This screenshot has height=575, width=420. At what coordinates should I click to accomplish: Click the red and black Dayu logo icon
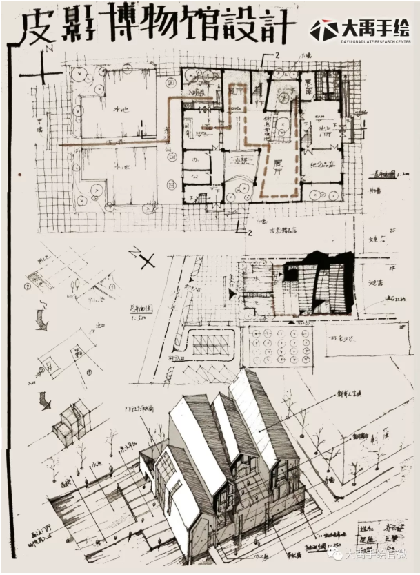323,30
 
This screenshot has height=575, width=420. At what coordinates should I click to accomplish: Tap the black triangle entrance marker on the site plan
232,293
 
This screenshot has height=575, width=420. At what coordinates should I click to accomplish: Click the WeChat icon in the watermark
337,554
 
